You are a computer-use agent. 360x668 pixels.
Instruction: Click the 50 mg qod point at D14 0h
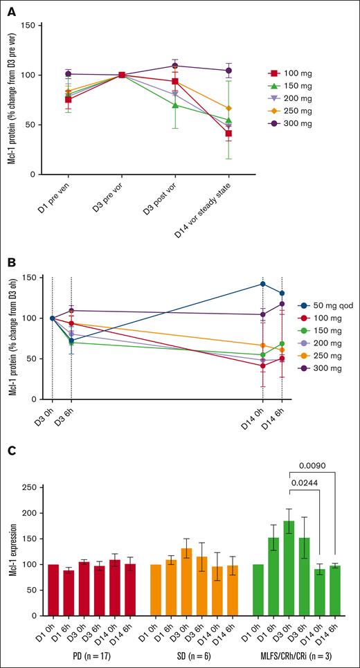coord(262,284)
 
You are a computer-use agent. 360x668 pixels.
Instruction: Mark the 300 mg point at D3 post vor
coord(174,66)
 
